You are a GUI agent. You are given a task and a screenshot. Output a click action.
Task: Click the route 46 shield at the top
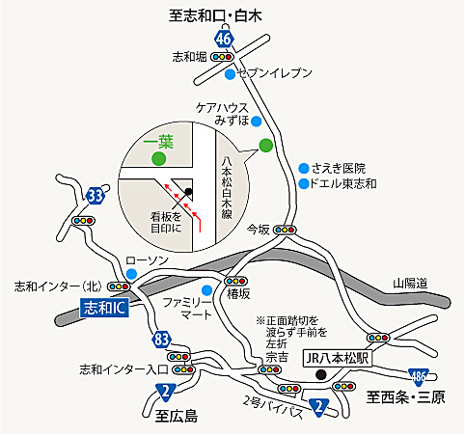(x=225, y=39)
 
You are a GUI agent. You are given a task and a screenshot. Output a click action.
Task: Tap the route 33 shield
(x=95, y=196)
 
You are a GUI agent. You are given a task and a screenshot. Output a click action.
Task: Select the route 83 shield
(x=161, y=338)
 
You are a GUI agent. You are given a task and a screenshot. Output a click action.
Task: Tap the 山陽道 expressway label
(x=409, y=283)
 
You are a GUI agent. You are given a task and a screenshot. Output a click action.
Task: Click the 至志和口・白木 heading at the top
(x=228, y=14)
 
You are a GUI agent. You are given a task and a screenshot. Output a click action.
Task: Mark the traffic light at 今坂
(x=286, y=230)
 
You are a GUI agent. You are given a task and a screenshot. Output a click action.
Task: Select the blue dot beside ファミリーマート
(x=205, y=289)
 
